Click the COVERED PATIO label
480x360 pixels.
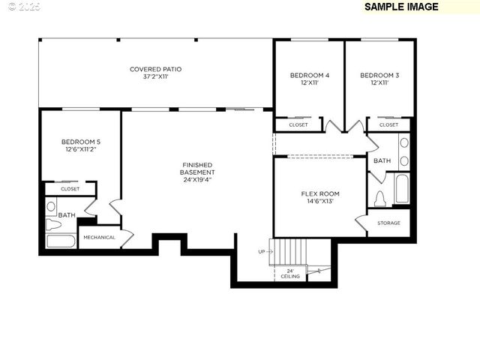click(x=155, y=73)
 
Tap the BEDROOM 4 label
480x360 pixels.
click(x=310, y=79)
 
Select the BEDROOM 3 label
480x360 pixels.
click(x=379, y=79)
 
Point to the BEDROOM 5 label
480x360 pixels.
click(x=80, y=145)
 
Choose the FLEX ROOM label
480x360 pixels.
click(x=320, y=197)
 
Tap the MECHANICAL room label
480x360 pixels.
click(x=99, y=238)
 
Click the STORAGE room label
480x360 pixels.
click(x=388, y=223)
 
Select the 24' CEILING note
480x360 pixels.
click(x=290, y=274)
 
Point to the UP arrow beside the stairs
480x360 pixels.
click(x=262, y=251)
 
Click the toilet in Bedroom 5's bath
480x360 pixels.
click(x=53, y=224)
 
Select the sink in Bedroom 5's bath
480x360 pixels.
click(x=52, y=206)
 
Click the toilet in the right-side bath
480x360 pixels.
click(x=379, y=199)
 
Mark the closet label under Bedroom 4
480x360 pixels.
click(x=298, y=125)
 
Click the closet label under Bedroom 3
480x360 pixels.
click(x=388, y=125)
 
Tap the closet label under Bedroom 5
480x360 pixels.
click(x=70, y=189)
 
